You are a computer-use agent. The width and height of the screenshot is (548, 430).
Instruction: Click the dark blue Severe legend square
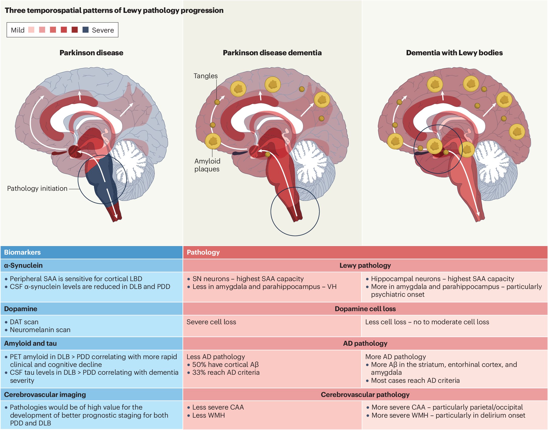(x=85, y=30)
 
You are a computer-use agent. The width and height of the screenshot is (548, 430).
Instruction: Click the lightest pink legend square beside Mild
(x=31, y=30)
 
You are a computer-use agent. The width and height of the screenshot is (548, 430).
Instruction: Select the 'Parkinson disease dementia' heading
(x=272, y=53)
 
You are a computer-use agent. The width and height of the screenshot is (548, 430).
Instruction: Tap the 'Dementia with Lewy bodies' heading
(x=454, y=53)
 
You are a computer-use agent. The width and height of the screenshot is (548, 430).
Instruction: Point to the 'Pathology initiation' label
(x=37, y=189)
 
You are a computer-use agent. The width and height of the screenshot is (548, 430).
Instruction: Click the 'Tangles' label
(x=205, y=76)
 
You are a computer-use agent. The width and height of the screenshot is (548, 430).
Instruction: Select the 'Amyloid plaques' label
(x=207, y=165)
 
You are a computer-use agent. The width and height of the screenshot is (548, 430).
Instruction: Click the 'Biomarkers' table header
(x=22, y=252)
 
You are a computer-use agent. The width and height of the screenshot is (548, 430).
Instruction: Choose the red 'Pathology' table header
(x=203, y=252)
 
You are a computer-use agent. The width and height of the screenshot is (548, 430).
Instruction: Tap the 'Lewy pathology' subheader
(x=365, y=265)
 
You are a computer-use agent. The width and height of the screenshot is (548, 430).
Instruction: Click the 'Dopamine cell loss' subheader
(x=365, y=309)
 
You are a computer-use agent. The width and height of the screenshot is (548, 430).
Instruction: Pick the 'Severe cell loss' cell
(x=211, y=322)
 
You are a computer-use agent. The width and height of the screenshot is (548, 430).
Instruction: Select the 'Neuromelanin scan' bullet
(x=40, y=330)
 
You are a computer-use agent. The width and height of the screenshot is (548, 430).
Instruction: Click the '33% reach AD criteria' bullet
(x=226, y=372)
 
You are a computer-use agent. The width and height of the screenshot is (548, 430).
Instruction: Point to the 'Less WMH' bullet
(x=208, y=415)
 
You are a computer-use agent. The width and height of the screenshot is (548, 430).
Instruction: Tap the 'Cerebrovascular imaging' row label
(x=45, y=394)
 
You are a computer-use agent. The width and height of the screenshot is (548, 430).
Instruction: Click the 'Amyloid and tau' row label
(x=30, y=343)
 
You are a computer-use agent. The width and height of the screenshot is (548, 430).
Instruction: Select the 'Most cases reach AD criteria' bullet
(x=415, y=380)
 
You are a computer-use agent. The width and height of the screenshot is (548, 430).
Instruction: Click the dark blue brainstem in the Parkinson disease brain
(x=101, y=182)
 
